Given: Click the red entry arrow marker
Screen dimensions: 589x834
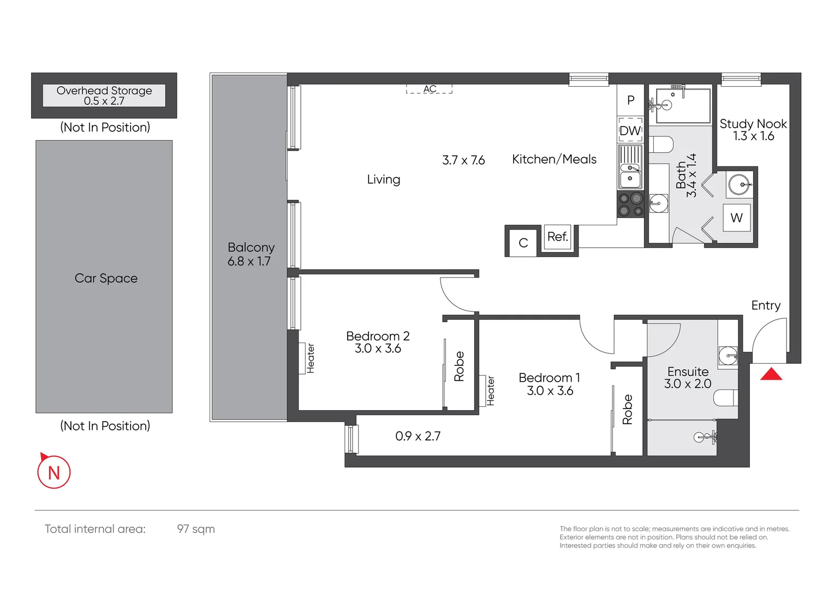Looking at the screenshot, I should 771,375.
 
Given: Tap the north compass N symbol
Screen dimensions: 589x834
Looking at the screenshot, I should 53,472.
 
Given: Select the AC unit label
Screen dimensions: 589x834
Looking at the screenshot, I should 430,89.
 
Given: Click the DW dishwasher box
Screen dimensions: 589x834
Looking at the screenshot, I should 630,130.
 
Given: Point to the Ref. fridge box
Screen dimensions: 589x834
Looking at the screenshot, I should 557,237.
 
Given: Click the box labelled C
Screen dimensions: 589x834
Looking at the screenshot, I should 523,243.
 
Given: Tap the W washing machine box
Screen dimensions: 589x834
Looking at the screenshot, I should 736,218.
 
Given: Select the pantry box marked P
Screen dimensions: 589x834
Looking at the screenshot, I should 631,100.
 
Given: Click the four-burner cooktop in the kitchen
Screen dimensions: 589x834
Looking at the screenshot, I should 630,205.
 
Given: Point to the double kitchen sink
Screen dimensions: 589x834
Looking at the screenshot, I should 630,173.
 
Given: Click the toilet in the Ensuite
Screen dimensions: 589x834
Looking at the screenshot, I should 725,398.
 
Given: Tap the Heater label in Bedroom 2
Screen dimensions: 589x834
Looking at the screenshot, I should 311,358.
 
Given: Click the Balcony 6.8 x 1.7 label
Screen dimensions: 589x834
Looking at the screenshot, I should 251,254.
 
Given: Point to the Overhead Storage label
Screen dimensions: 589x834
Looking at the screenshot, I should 104,95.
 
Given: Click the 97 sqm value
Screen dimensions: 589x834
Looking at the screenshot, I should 196,529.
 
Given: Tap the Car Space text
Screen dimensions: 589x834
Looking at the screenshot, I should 106,278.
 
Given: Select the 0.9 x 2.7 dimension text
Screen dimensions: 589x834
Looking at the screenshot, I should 418,436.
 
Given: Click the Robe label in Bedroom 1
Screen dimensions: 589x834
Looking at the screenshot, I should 628,410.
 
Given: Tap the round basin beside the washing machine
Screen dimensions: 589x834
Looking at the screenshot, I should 740,184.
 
